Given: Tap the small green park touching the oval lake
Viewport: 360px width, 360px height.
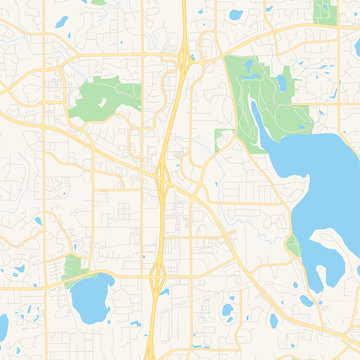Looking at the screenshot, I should [x=71, y=268].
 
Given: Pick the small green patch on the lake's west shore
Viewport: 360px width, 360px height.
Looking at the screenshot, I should [x=293, y=246].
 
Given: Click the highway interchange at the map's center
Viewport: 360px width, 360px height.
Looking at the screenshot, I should [x=163, y=178].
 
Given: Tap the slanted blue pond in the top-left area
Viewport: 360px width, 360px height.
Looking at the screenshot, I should [x=63, y=20].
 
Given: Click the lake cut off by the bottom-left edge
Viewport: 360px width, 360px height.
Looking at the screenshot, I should [x=4, y=326].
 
